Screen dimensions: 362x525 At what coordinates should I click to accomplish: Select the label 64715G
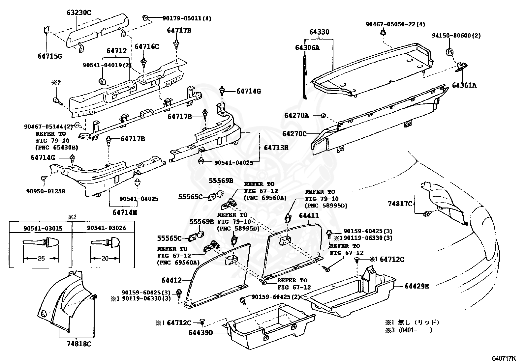pyautogui.click(x=50, y=56)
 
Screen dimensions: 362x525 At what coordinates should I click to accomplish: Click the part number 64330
pyautogui.click(x=319, y=32)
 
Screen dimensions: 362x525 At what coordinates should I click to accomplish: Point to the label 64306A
pyautogui.click(x=307, y=48)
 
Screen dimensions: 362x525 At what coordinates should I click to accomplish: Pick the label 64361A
pyautogui.click(x=464, y=85)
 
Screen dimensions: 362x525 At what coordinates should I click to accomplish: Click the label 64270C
pyautogui.click(x=294, y=134)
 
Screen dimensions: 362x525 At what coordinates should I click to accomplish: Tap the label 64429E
pyautogui.click(x=417, y=286)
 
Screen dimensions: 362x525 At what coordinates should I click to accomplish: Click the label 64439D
pyautogui.click(x=201, y=333)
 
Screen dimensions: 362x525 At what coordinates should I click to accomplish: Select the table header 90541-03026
pyautogui.click(x=107, y=228)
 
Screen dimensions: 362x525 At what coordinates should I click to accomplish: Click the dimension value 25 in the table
pyautogui.click(x=41, y=259)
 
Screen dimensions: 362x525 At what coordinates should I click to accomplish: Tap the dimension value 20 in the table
pyautogui.click(x=105, y=259)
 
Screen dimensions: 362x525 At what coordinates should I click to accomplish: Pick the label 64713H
pyautogui.click(x=276, y=148)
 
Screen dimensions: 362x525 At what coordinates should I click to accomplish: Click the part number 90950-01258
pyautogui.click(x=46, y=191)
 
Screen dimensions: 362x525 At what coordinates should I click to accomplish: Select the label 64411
pyautogui.click(x=309, y=215)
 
